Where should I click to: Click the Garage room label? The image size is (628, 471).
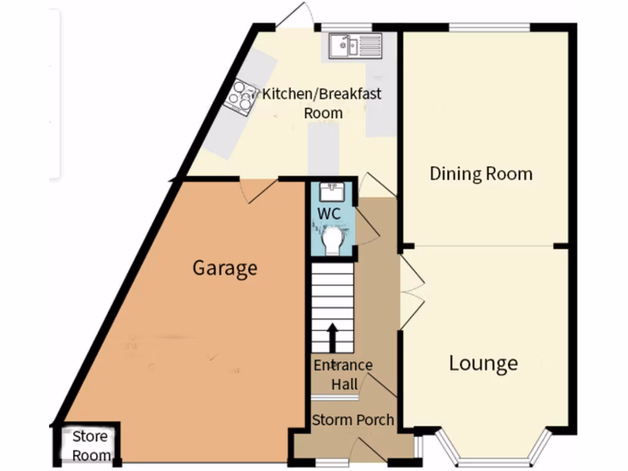224,269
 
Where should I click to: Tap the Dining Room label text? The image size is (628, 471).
481,174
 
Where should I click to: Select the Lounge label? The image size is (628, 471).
483,363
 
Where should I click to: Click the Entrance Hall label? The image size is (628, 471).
343,375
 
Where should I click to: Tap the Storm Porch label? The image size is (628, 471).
353,420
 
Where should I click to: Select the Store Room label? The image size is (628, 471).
90,446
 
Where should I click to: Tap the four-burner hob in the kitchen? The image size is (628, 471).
240,97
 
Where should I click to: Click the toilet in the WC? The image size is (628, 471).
333,240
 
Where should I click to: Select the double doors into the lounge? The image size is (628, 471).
411,292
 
